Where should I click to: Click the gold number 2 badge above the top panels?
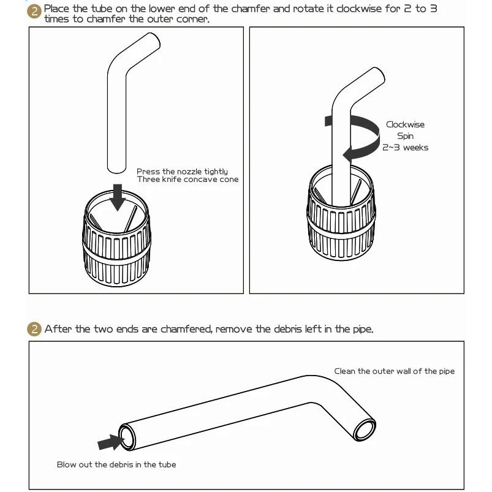[34, 11]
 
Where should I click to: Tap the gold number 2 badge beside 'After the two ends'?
[34, 329]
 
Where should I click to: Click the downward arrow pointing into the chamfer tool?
[118, 197]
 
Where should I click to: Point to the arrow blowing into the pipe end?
[111, 442]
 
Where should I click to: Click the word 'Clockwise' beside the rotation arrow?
[405, 124]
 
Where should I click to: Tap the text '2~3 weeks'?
[405, 148]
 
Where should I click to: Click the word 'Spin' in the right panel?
[405, 136]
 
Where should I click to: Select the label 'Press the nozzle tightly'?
[182, 172]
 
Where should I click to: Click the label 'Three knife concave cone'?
[187, 180]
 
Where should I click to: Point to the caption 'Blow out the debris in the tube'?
[116, 464]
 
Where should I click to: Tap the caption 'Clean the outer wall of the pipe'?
[394, 371]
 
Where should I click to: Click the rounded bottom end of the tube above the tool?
[117, 169]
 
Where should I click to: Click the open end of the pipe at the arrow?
[127, 437]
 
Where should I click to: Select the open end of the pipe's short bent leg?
[365, 430]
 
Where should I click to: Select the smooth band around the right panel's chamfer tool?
[341, 224]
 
